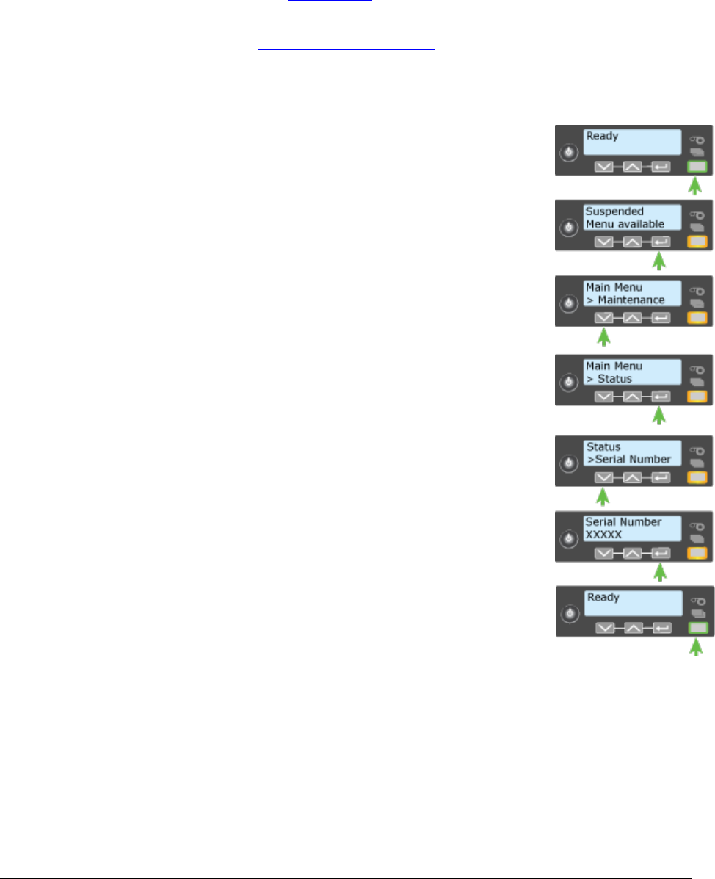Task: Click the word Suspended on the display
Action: pyautogui.click(x=614, y=211)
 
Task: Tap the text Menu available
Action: pyautogui.click(x=625, y=224)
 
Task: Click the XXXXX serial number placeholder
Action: pyautogui.click(x=603, y=535)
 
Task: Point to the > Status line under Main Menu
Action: pyautogui.click(x=609, y=379)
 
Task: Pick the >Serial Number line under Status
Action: pyautogui.click(x=628, y=459)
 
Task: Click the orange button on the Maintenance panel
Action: pyautogui.click(x=697, y=318)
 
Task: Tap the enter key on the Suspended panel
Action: pyautogui.click(x=661, y=241)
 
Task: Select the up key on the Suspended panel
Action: pyautogui.click(x=633, y=241)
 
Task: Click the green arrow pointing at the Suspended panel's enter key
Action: pyautogui.click(x=661, y=261)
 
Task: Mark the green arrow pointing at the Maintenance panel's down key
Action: pyautogui.click(x=603, y=338)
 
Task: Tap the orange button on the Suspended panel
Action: pyautogui.click(x=697, y=241)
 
